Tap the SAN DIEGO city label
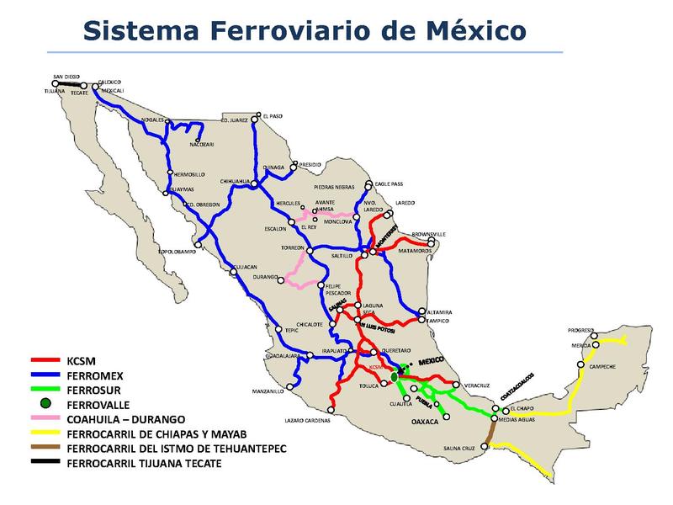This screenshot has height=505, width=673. coord(66,77)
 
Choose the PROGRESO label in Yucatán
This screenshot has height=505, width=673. coord(580,330)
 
